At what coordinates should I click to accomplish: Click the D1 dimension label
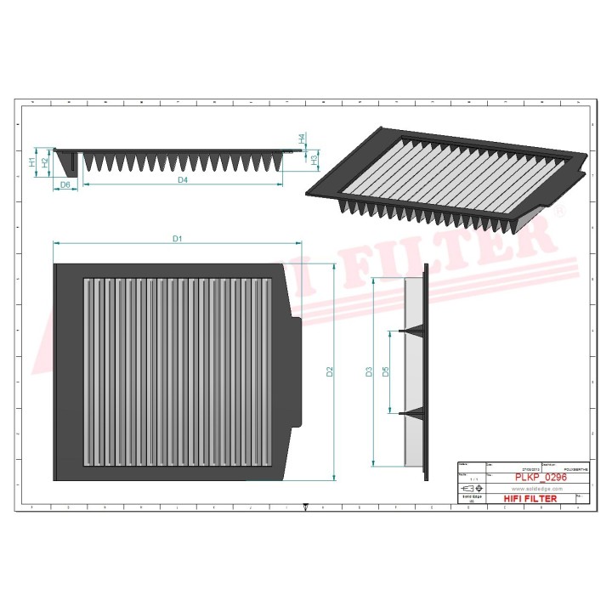tap(178, 239)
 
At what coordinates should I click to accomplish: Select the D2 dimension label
tap(331, 371)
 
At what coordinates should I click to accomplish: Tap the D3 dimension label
tap(369, 371)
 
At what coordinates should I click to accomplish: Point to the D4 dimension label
tap(182, 180)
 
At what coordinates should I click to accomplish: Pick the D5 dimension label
tap(385, 371)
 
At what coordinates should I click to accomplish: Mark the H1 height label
tap(32, 161)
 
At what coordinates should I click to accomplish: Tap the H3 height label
tap(314, 158)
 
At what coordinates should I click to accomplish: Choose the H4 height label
tap(302, 138)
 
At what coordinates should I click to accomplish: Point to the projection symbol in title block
tap(468, 490)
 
